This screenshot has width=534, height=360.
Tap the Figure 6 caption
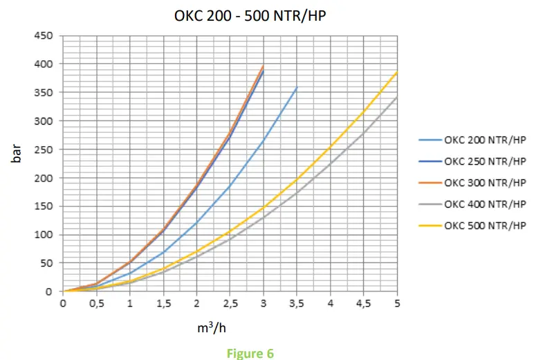click(250, 353)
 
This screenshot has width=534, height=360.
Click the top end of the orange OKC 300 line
click(264, 66)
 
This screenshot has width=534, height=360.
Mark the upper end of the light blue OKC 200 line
click(297, 87)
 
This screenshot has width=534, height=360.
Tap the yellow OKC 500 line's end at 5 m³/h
click(397, 72)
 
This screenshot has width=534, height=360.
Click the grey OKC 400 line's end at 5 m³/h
click(397, 97)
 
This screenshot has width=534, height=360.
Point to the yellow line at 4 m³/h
click(330, 147)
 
